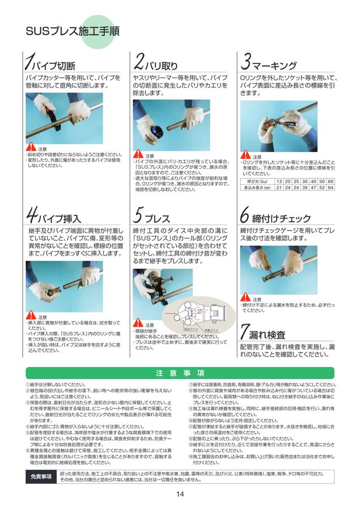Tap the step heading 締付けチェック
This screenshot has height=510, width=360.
[x=282, y=218]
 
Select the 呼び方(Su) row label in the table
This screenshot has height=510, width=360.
[x=256, y=181]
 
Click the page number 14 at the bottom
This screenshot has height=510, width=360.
[x=180, y=495]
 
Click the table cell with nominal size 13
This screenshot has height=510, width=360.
[x=279, y=181]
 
